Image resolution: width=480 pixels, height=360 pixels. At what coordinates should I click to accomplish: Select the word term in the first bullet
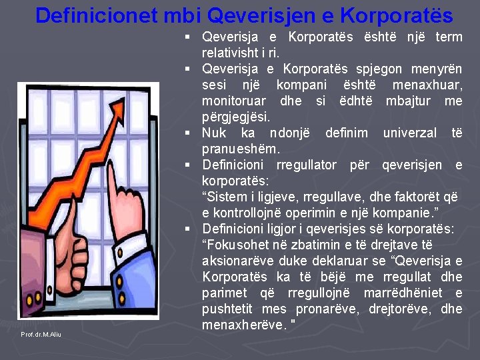point(448,37)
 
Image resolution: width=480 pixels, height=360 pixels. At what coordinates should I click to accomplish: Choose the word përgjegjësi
point(235,117)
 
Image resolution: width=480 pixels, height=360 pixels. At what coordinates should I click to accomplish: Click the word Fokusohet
point(234,244)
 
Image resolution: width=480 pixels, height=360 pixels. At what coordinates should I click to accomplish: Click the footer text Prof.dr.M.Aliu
point(41,334)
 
